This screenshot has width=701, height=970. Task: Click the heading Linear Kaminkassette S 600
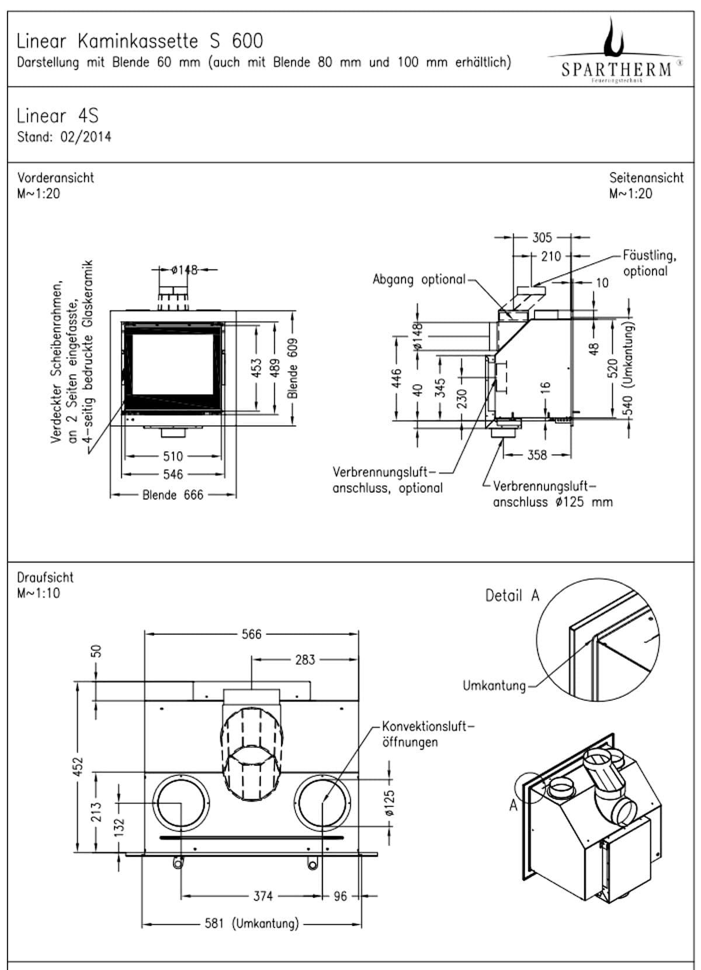(140, 41)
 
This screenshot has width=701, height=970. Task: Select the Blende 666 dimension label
(173, 495)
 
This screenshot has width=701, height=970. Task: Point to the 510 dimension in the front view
(173, 456)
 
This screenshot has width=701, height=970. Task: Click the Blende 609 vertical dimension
(293, 368)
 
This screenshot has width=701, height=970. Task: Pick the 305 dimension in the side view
(542, 237)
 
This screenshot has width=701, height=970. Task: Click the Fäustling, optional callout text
(649, 263)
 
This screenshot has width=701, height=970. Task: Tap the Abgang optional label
(419, 279)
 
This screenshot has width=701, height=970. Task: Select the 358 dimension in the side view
(537, 455)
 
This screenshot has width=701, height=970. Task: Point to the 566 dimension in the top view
(252, 634)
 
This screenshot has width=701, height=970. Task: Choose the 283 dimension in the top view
(305, 660)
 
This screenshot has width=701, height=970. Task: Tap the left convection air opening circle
(181, 803)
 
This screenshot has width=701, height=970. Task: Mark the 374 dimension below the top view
(263, 895)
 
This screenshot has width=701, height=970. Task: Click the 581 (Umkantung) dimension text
(252, 923)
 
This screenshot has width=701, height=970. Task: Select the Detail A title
(512, 596)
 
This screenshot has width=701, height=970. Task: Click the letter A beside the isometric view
(513, 805)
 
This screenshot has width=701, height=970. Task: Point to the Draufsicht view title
(46, 578)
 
